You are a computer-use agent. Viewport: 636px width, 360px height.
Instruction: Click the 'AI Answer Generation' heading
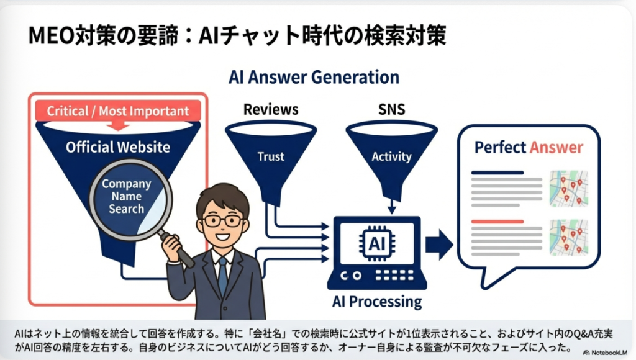pos(314,77)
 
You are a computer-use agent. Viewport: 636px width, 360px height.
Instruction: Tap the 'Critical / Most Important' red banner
pos(118,110)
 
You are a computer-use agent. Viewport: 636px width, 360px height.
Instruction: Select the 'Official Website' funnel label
pos(118,146)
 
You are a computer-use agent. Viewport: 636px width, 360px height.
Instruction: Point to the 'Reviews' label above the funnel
pos(271,109)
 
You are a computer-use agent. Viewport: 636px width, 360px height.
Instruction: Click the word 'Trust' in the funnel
pos(271,156)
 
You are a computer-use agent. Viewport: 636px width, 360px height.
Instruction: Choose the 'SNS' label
pos(391,109)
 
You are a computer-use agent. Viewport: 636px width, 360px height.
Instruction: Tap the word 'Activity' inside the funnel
pos(391,156)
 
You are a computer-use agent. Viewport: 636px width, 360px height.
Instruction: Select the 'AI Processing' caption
pos(377,302)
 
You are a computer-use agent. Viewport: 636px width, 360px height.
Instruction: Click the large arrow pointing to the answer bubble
pos(439,245)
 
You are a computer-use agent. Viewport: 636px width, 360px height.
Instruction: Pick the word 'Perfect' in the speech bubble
pos(501,147)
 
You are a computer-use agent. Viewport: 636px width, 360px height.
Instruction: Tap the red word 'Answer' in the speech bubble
pos(556,147)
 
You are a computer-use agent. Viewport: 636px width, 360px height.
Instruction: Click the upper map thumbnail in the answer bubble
pos(569,189)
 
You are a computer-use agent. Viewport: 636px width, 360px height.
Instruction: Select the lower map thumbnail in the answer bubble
pos(569,238)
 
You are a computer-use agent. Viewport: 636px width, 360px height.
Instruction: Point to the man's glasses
pos(223,221)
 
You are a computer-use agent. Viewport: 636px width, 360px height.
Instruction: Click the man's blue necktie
pos(223,276)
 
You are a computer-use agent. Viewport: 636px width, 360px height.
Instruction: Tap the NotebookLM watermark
pos(605,353)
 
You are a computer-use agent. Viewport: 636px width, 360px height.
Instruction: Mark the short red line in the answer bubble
pos(497,222)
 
